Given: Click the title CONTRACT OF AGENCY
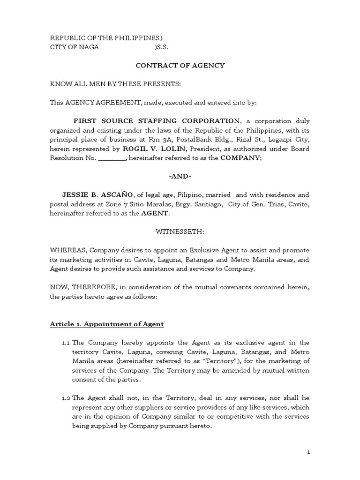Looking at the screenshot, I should point(180,66).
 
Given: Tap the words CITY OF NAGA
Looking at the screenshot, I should point(75,47).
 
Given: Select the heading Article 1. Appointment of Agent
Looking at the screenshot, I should point(107,324).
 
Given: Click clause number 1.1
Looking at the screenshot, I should point(66,343).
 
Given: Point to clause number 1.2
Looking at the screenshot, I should point(66,398).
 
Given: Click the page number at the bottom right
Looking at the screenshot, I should point(308,452).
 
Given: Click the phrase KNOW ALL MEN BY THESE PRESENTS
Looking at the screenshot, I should point(115,84).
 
